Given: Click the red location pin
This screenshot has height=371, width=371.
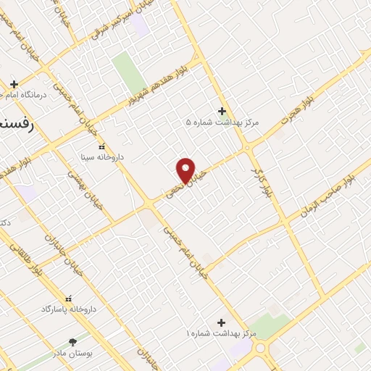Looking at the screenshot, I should click(186, 170).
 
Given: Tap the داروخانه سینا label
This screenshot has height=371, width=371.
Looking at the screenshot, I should click(101, 156).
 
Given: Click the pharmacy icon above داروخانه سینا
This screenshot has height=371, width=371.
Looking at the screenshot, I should click(101, 146).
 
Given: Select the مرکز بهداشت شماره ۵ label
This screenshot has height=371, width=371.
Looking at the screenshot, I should click(222, 122).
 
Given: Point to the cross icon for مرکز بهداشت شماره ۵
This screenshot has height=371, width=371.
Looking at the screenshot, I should click(222, 112).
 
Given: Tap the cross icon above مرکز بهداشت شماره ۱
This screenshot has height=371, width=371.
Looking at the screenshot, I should click(221, 322).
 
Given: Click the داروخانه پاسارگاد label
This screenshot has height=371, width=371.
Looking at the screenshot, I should click(69, 309).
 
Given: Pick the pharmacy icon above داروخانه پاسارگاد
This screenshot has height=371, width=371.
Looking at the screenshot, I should click(69, 299).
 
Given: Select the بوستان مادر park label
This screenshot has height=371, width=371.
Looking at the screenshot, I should click(72, 352).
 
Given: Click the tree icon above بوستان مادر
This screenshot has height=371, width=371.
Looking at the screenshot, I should click(72, 342).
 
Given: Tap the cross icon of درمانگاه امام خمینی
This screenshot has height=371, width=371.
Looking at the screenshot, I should click(14, 84).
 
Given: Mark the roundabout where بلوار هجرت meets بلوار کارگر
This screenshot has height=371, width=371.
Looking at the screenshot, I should click(249, 148).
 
